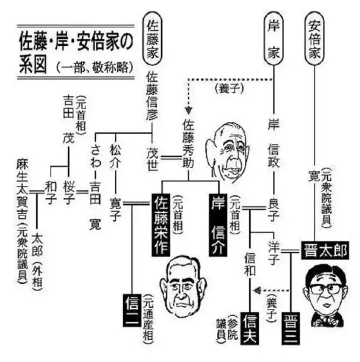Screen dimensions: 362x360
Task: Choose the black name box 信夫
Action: pyautogui.click(x=251, y=325)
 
